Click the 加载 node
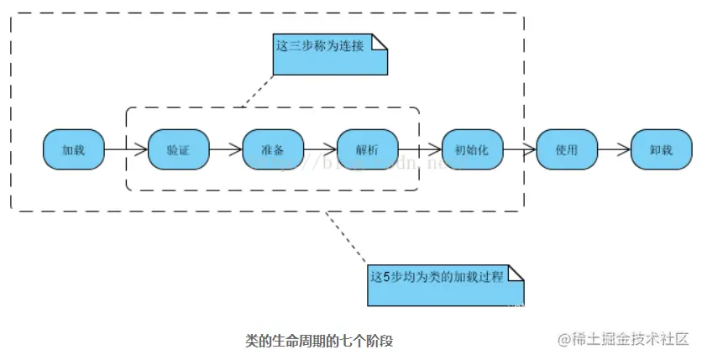click(74, 150)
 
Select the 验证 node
click(178, 150)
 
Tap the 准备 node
click(273, 150)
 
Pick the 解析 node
click(367, 150)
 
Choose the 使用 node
click(567, 150)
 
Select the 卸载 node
click(661, 150)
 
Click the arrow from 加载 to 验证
click(126, 150)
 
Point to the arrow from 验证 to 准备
click(225, 150)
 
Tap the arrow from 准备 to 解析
click(320, 150)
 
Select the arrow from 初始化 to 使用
click(519, 150)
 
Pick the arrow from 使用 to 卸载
click(614, 150)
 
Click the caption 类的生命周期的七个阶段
click(318, 341)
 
